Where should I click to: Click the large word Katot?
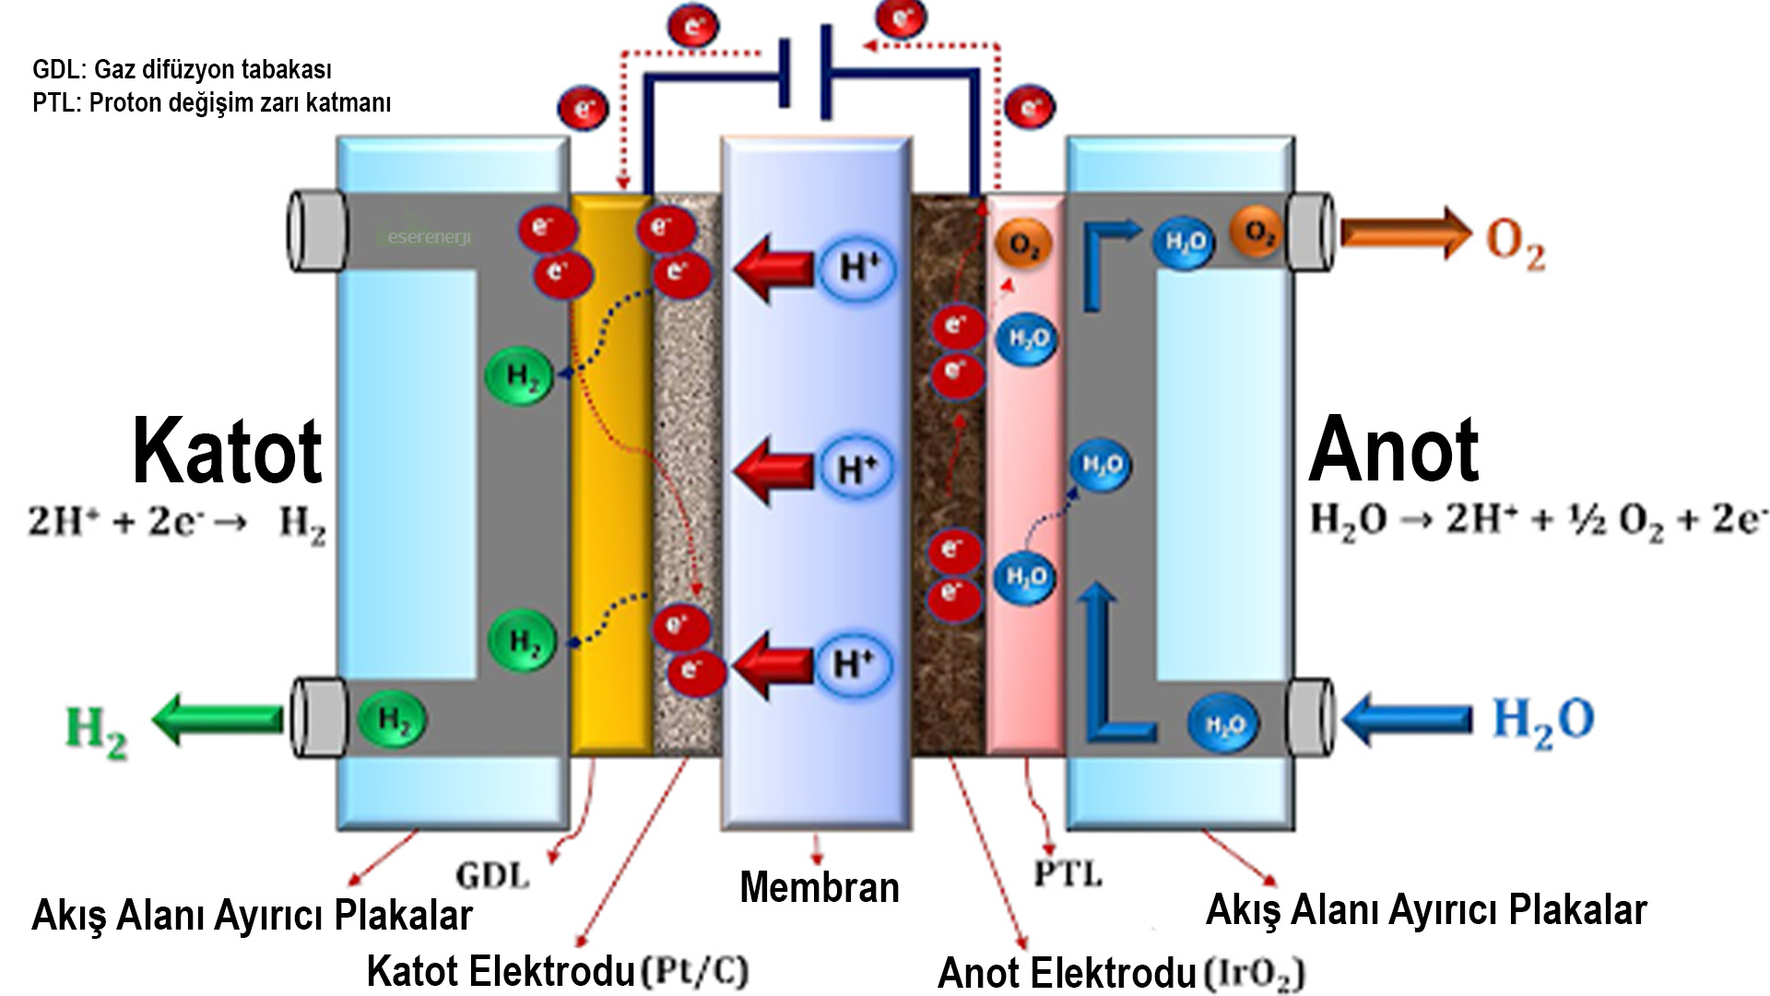(x=227, y=452)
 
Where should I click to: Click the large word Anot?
(x=1393, y=450)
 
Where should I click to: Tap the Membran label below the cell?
(x=819, y=887)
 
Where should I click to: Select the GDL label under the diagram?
(x=493, y=874)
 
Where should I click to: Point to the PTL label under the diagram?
(x=1068, y=872)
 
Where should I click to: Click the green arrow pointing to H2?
(x=218, y=719)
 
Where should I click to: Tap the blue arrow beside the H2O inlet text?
(x=1408, y=718)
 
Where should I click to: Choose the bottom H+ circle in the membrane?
(x=854, y=664)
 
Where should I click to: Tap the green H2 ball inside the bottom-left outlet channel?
(x=393, y=719)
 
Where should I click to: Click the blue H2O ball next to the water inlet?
(x=1224, y=725)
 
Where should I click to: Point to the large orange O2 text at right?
(x=1515, y=244)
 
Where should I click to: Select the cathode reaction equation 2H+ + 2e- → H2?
(x=176, y=524)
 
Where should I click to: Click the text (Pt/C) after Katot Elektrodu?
(x=694, y=971)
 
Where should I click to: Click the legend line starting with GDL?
(x=182, y=70)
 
